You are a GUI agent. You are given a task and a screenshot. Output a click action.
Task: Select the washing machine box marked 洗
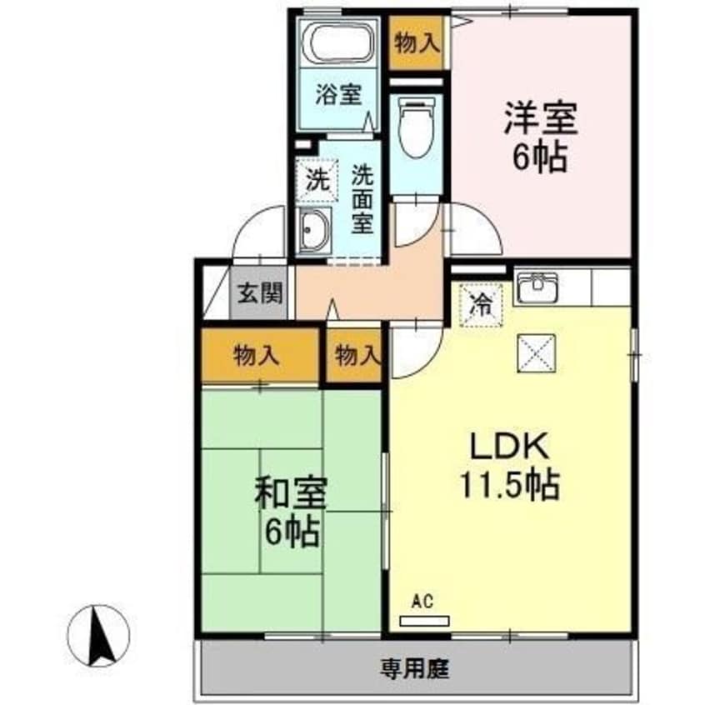tap(317, 180)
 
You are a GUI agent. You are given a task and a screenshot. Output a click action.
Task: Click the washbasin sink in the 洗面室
tap(314, 229)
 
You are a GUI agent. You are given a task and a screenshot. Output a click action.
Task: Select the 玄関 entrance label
tap(259, 293)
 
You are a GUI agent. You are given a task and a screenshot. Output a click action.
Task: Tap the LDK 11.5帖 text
tap(511, 467)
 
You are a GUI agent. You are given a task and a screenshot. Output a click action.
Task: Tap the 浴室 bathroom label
tap(337, 93)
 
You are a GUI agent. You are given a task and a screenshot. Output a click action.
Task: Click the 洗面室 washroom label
tap(362, 199)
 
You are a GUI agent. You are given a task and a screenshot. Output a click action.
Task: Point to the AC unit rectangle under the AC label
tap(423, 620)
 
